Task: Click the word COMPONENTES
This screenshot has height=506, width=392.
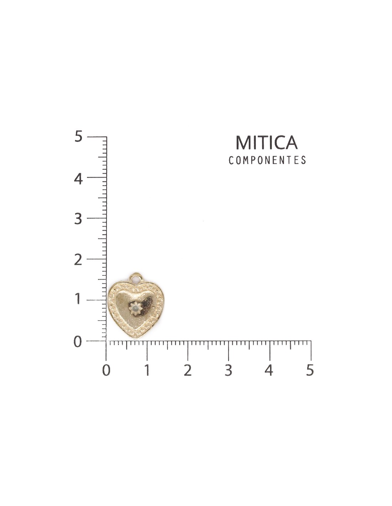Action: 267,160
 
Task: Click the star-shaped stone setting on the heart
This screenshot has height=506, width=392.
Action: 135,309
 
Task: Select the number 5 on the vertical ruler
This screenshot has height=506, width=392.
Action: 79,136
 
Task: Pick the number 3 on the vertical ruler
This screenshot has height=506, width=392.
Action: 78,219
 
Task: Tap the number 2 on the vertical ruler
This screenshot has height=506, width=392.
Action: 78,260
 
